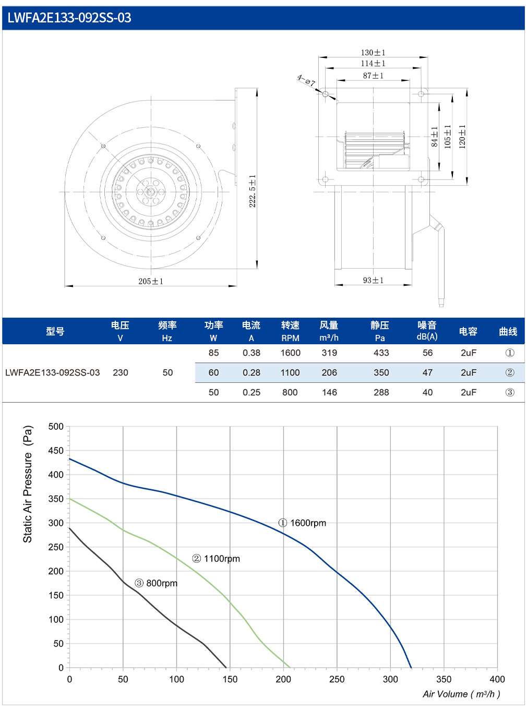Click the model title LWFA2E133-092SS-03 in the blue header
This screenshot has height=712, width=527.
click(69, 18)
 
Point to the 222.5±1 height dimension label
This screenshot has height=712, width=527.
click(253, 191)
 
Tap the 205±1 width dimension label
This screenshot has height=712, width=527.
click(151, 281)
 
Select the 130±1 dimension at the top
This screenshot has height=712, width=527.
click(373, 52)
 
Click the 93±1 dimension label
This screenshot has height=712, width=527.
click(373, 280)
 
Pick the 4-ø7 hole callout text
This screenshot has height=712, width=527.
click(306, 80)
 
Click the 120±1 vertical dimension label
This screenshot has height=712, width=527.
click(462, 137)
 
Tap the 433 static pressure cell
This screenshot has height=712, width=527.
click(381, 353)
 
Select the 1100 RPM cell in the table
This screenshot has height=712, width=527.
click(290, 372)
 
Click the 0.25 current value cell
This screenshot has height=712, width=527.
click(251, 392)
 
